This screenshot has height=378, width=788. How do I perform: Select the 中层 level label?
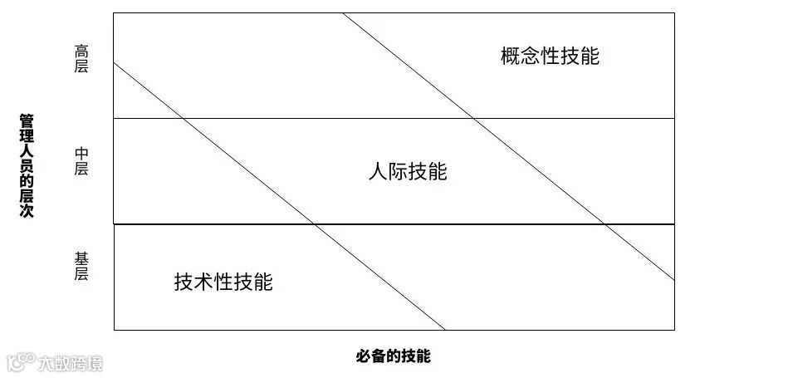click(81, 161)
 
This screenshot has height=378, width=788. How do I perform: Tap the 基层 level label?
click(81, 266)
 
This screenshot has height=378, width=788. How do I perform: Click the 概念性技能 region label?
click(550, 56)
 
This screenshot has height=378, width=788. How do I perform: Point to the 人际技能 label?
click(407, 171)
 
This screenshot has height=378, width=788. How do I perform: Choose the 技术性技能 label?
click(223, 282)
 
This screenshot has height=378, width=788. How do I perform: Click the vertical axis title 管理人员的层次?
click(27, 167)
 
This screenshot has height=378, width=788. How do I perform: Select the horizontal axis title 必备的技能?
click(394, 356)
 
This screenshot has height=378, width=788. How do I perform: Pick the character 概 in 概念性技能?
click(510, 56)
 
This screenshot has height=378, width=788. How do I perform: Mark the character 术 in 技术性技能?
click(203, 282)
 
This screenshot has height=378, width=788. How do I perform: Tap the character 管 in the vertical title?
click(27, 121)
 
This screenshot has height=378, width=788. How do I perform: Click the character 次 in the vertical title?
click(27, 213)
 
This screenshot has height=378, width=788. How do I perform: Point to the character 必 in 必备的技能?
click(364, 356)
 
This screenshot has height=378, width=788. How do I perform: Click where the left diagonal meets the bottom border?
click(446, 330)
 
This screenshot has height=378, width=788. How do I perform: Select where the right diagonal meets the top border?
click(342, 13)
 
